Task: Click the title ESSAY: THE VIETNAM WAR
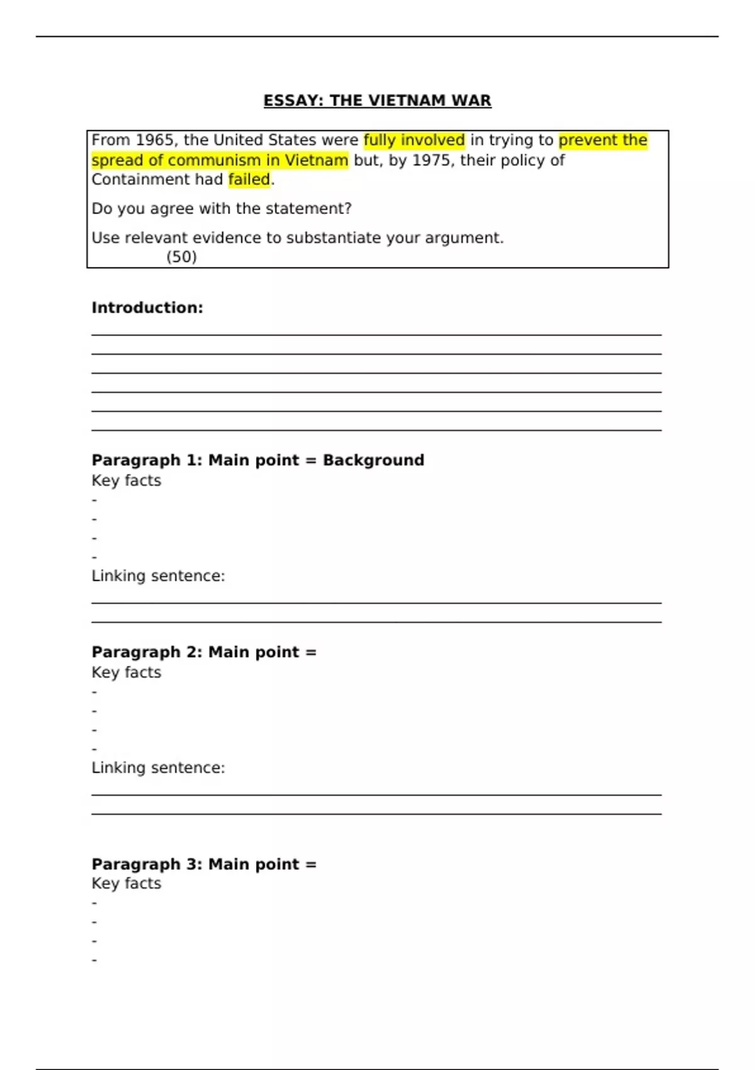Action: (x=377, y=101)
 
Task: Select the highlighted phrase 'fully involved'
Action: (x=414, y=140)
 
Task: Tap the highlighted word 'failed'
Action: (x=249, y=180)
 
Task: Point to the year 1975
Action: (x=432, y=160)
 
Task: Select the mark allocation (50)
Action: (x=181, y=257)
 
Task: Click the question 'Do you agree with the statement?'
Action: (x=221, y=209)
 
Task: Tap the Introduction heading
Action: (x=147, y=308)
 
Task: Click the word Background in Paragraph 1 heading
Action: (x=373, y=461)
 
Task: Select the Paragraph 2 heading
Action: (x=204, y=652)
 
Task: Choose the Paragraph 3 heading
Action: (x=204, y=864)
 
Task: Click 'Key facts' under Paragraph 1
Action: (x=126, y=481)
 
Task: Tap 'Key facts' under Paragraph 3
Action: (x=126, y=884)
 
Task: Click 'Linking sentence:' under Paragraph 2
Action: (x=158, y=768)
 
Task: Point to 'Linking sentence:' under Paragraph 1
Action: (x=158, y=576)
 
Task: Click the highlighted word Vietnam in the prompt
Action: (x=316, y=160)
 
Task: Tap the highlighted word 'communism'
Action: (x=214, y=160)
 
